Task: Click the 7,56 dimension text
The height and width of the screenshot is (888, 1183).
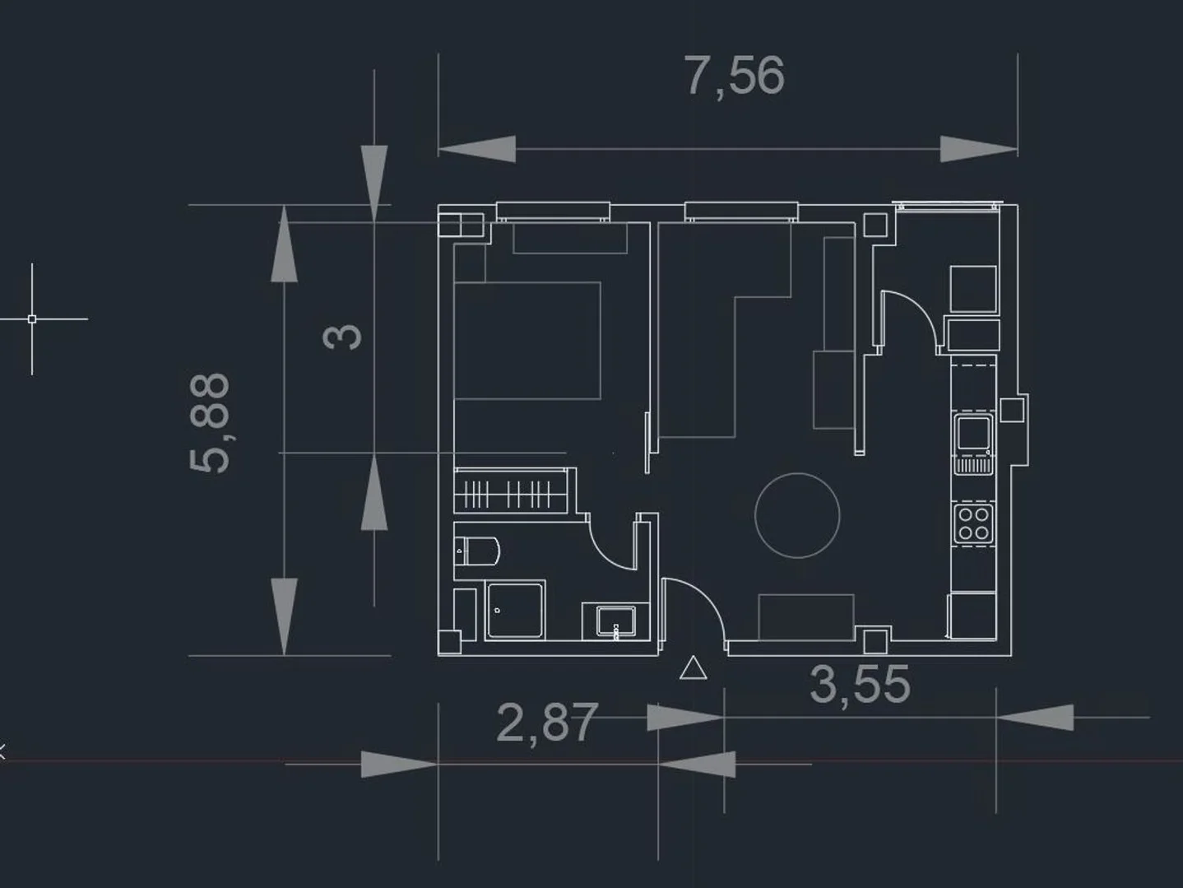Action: click(735, 77)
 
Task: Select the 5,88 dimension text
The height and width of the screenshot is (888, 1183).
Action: click(210, 423)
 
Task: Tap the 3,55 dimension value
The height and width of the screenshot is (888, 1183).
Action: click(861, 685)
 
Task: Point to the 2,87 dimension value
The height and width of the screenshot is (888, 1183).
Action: click(546, 723)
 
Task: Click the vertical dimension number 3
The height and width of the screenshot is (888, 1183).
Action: click(342, 337)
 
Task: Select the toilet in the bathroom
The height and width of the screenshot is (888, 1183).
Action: click(477, 551)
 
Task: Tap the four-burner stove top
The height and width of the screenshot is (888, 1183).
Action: click(973, 523)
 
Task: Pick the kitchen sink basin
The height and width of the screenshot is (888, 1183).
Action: click(973, 434)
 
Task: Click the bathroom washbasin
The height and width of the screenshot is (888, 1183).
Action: click(615, 621)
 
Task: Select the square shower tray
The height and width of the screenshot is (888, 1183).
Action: click(515, 611)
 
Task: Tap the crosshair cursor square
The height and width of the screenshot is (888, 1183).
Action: click(32, 318)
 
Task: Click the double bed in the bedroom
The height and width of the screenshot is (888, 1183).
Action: click(527, 340)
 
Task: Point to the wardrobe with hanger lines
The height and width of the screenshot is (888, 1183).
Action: click(510, 490)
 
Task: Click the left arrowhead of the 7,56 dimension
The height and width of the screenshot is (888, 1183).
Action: click(476, 149)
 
